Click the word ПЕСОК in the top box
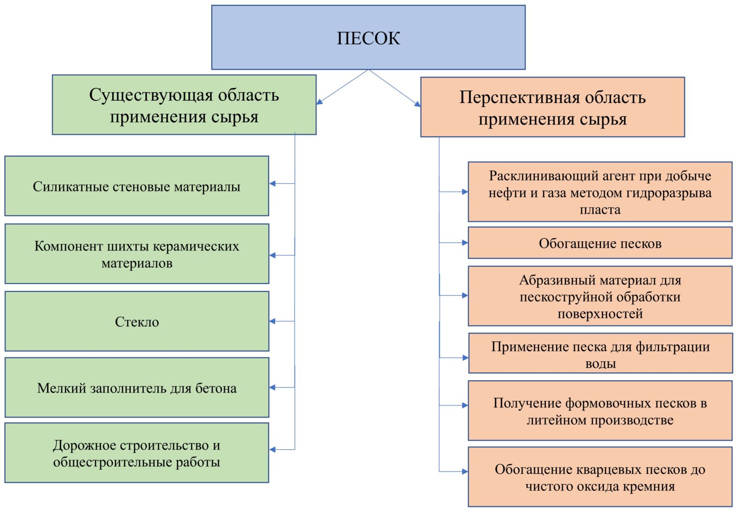368,38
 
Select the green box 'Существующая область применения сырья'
184,105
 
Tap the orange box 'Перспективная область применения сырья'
552,107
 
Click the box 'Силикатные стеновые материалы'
137,186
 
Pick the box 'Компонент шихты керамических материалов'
137,254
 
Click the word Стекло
137,322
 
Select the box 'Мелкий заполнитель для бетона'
137,387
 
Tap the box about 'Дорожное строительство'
137,453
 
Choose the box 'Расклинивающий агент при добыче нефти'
600,192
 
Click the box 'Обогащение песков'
600,243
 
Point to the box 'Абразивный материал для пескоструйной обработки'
600,296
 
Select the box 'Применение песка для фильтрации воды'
601,353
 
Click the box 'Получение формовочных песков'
600,410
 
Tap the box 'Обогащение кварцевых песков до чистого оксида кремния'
600,477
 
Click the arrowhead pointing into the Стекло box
272,321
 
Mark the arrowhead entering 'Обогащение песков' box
465,243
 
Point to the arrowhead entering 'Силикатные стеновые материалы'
272,184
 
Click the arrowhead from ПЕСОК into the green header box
319,102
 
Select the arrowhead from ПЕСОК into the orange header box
417,104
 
